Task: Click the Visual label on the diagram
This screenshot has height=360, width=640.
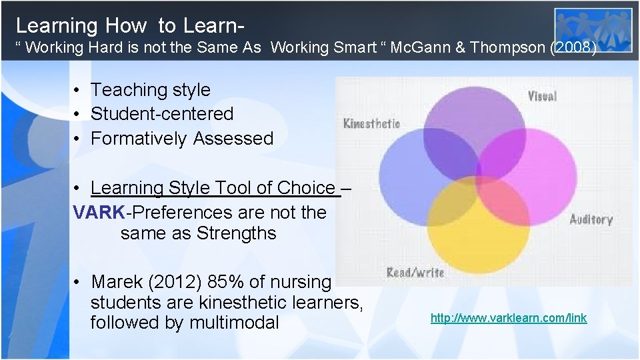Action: click(541, 96)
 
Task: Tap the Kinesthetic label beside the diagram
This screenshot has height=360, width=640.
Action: click(371, 123)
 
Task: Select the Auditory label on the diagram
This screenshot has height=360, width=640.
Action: click(591, 219)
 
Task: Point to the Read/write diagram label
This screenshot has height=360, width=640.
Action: click(415, 272)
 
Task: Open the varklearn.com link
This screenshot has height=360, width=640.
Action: click(509, 318)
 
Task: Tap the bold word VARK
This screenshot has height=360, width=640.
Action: click(99, 213)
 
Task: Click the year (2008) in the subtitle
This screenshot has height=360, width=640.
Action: click(573, 48)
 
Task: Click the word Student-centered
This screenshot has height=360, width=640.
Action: click(162, 114)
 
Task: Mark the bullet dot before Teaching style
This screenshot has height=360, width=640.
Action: click(78, 90)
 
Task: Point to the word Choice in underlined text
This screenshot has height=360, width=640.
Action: click(303, 188)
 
